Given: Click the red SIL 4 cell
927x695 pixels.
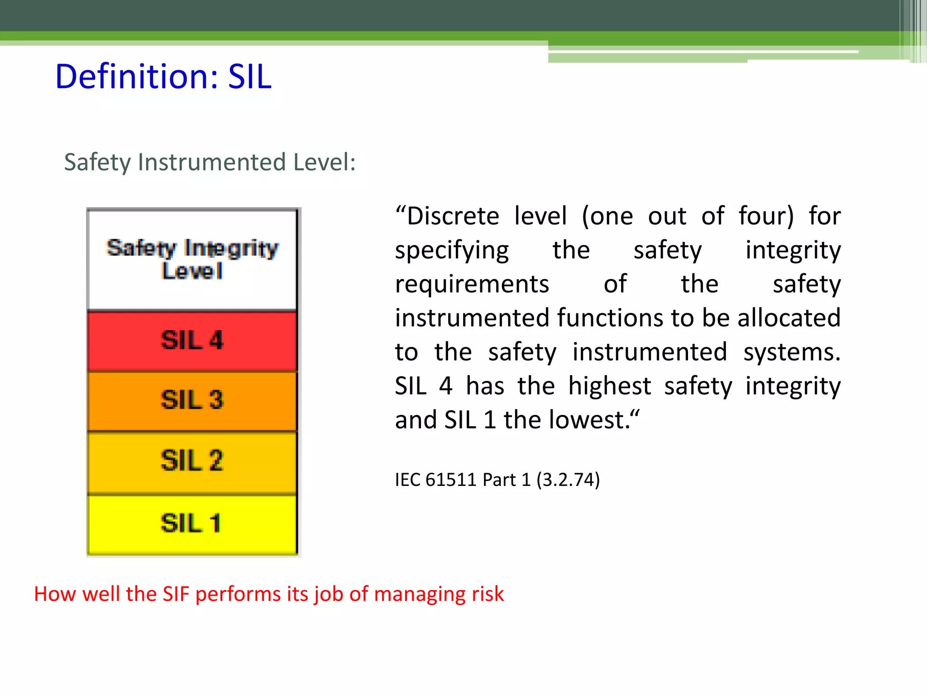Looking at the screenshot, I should (x=192, y=340).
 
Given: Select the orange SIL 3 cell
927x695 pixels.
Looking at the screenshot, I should (x=192, y=400).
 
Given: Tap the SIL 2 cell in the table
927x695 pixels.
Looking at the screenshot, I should (x=192, y=461).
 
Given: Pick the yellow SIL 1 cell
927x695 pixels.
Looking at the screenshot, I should (x=192, y=524).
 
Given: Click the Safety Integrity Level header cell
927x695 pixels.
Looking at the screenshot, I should (x=192, y=259).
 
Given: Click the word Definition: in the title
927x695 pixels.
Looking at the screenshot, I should (x=137, y=76).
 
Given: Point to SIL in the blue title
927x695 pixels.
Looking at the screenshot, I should (x=249, y=76).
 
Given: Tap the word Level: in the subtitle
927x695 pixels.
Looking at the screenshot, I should (x=324, y=162).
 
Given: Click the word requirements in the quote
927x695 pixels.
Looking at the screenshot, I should (x=472, y=285).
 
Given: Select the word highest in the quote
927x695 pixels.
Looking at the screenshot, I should (x=609, y=386).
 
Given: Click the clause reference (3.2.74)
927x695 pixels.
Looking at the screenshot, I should (x=568, y=480).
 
